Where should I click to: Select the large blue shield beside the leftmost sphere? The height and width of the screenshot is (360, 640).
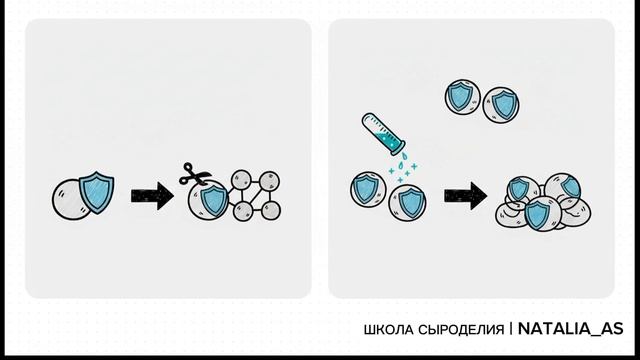click(96, 193)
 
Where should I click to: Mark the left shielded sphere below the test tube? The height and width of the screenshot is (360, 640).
click(367, 190)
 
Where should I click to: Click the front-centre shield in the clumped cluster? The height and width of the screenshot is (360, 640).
click(540, 213)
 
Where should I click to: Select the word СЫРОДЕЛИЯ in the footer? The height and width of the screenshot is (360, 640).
click(463, 329)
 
